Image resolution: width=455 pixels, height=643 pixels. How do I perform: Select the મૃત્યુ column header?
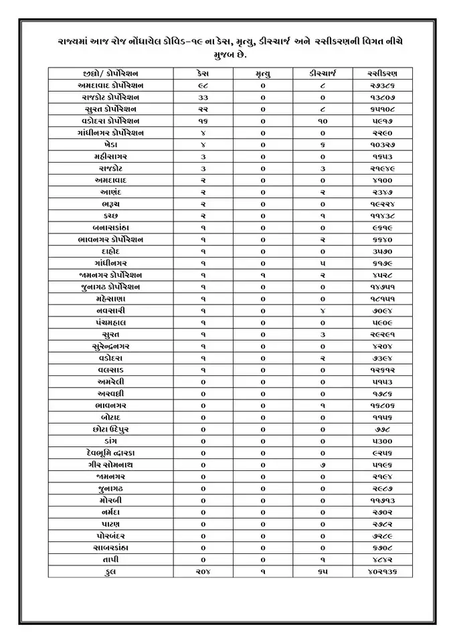(x=263, y=73)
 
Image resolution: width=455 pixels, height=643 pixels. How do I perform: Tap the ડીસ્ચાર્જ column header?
(x=323, y=73)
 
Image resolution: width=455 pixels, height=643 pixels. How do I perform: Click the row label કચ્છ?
(x=110, y=215)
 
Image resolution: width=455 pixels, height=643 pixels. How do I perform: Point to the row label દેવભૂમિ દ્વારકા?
(x=110, y=452)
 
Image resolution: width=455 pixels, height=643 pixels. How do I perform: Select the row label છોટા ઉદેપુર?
(x=110, y=428)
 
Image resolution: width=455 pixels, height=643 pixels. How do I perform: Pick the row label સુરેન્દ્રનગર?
(x=110, y=346)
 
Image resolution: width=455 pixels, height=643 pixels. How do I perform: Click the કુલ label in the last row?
(x=110, y=571)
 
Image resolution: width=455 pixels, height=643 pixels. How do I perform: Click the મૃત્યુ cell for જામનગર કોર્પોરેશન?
(x=263, y=275)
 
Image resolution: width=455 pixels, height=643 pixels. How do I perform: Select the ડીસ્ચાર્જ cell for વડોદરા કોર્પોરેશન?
(x=323, y=120)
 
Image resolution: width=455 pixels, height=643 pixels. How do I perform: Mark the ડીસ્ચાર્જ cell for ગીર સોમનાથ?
(x=323, y=464)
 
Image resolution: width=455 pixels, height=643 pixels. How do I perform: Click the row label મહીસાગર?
(x=110, y=156)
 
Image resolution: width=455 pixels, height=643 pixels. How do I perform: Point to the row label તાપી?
(x=110, y=559)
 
